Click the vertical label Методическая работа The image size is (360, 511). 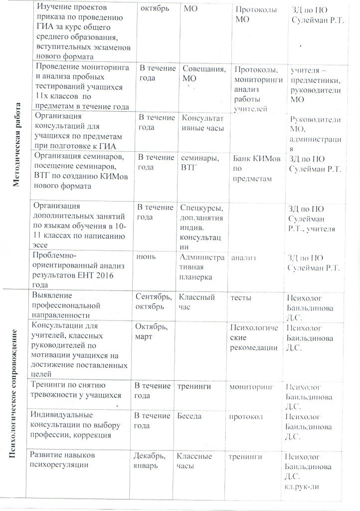point(16,145)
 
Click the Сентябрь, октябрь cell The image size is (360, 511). point(153,302)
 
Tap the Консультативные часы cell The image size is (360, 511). point(202,123)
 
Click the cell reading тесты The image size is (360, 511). point(240,298)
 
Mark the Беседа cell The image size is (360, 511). point(189,416)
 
